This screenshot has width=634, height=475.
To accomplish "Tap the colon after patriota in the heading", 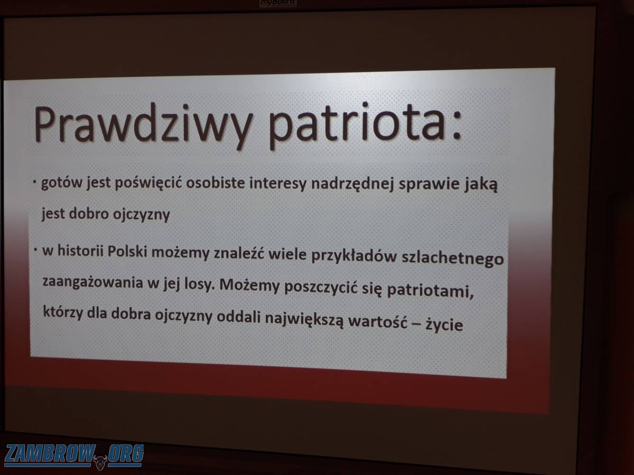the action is [x=456, y=125].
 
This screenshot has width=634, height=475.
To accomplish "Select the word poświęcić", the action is [x=148, y=184].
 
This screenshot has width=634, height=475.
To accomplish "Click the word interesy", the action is [x=277, y=184].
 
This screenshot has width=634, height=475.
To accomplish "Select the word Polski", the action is [x=127, y=252].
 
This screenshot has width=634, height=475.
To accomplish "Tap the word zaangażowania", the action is [x=92, y=282].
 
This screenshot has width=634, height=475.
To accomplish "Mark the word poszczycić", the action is [x=321, y=287].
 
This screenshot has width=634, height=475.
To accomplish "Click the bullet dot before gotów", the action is [x=35, y=182].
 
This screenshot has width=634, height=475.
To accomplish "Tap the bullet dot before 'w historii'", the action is [x=35, y=250].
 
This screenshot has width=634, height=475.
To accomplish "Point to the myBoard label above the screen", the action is [x=278, y=3].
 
